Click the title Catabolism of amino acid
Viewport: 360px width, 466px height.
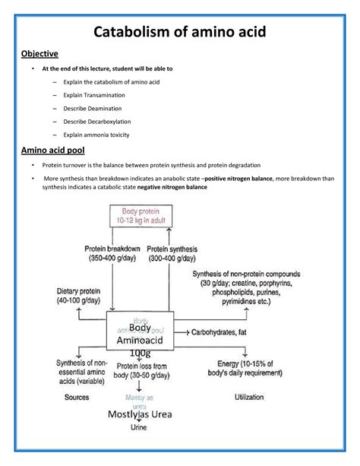pos(179,33)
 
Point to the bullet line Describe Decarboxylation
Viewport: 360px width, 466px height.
pos(96,122)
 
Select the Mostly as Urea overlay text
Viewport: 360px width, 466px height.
pos(141,414)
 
